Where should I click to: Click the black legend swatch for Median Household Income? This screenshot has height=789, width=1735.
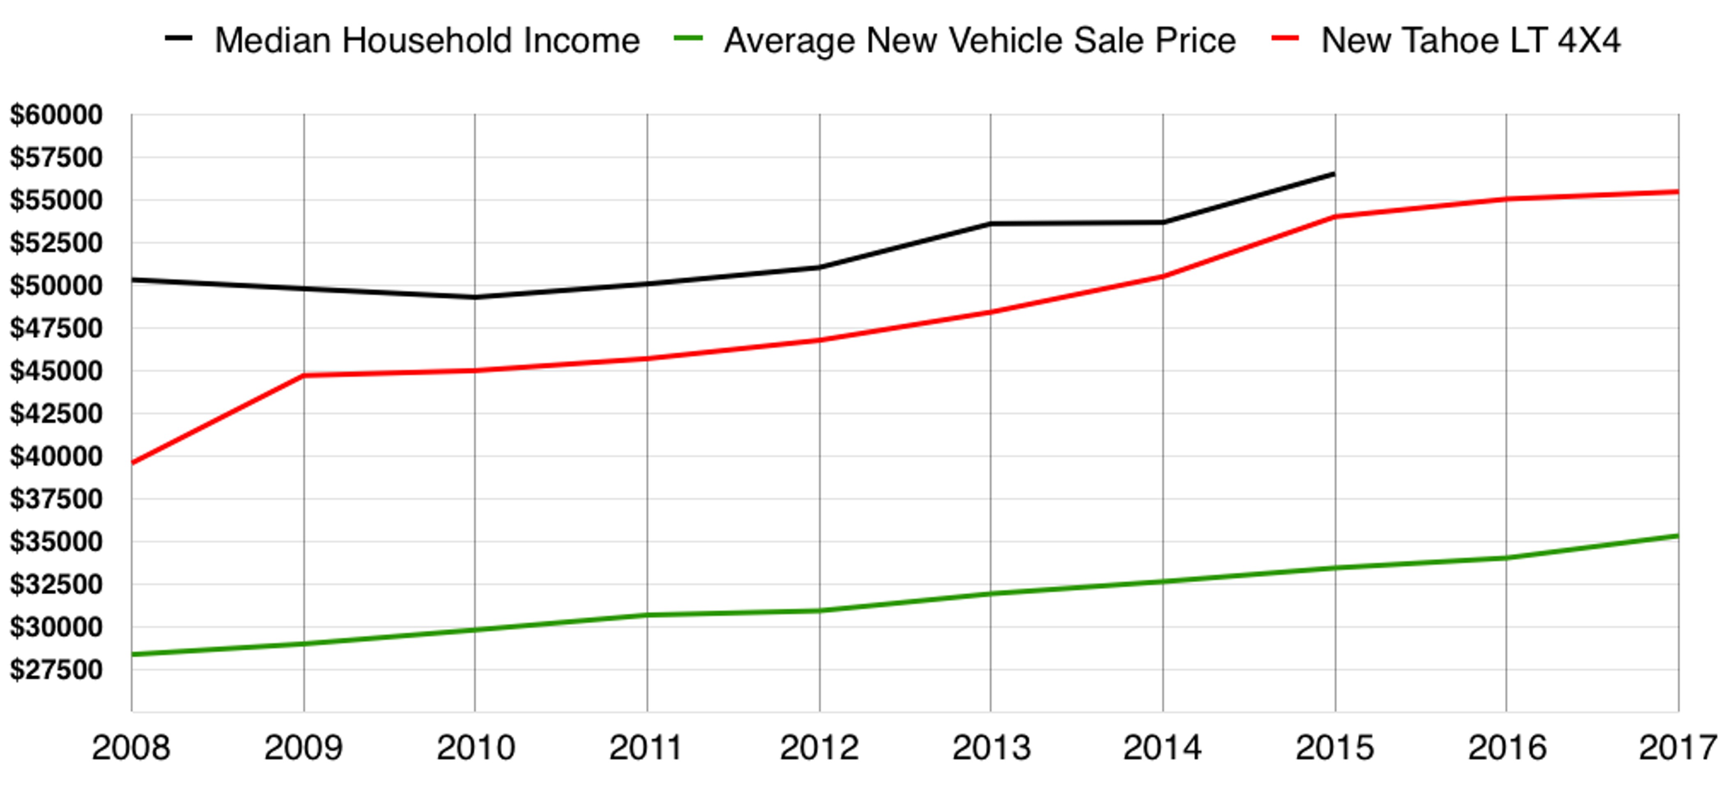178,39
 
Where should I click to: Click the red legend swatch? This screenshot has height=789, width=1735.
1285,39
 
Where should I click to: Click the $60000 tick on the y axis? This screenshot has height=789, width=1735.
56,115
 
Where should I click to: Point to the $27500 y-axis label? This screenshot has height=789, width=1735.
56,670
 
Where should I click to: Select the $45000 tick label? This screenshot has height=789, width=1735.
56,371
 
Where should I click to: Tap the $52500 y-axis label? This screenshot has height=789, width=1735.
56,243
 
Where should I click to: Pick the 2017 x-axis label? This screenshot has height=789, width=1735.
1677,748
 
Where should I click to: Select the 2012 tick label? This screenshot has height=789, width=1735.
819,748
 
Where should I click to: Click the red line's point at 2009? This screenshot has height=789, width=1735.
304,375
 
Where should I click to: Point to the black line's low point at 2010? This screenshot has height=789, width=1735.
475,297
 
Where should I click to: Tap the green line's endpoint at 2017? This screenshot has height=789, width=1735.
1677,536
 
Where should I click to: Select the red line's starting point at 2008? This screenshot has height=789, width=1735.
133,463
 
